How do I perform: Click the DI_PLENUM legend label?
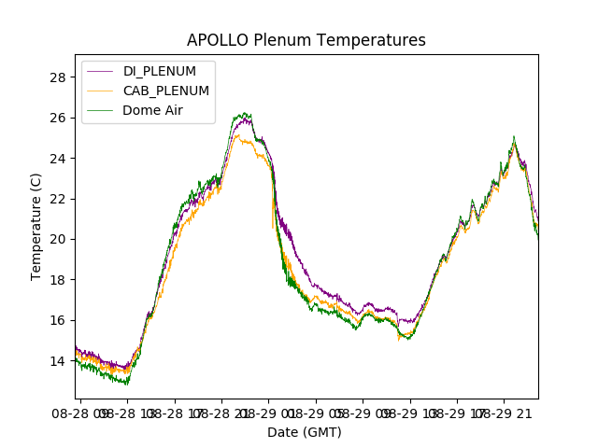tap(160, 72)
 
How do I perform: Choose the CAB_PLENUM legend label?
tap(166, 91)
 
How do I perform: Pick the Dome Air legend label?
tap(154, 110)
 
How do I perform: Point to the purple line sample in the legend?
tap(101, 72)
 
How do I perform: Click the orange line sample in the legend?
tap(101, 91)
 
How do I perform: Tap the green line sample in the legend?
tap(101, 110)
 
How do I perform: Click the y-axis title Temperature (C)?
tap(36, 227)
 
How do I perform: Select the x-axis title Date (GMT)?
tap(305, 432)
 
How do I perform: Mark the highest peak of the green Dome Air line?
tap(245, 114)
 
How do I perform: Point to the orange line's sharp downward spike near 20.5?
tap(273, 227)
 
